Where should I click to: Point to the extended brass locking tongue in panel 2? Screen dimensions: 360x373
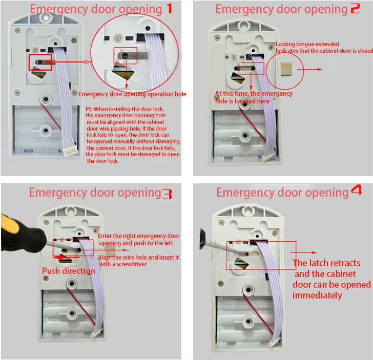click(285, 69)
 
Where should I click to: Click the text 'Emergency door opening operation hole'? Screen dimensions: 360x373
click(132, 94)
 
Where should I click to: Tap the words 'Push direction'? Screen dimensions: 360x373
click(68, 270)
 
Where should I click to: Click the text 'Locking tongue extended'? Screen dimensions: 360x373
click(302, 45)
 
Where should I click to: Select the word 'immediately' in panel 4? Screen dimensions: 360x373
click(317, 295)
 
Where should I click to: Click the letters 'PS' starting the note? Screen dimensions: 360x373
click(89, 109)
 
